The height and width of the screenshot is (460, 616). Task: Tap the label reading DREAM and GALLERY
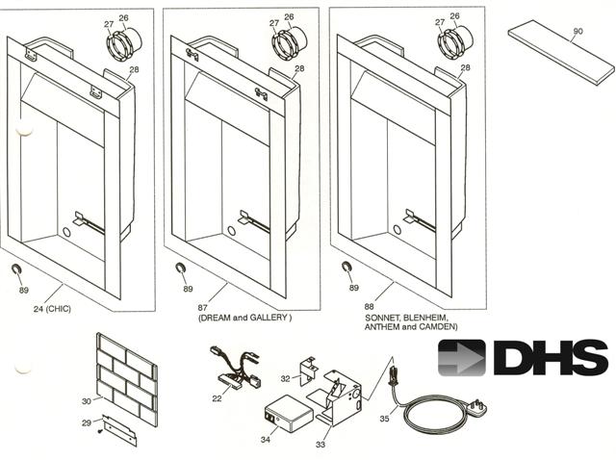pos(244,317)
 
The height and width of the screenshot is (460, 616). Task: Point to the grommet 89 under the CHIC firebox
pos(17,268)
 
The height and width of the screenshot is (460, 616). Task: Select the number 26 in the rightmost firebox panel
pos(454,16)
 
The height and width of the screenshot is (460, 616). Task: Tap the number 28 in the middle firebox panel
pos(299,68)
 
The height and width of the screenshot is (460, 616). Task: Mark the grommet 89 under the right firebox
pos(347,268)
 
